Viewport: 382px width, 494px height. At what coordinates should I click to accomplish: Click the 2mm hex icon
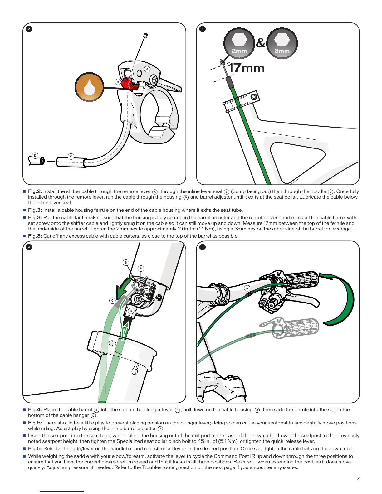(x=239, y=43)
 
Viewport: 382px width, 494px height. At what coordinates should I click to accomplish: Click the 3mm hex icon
(x=282, y=43)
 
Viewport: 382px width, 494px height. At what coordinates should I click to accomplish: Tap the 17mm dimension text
(x=247, y=68)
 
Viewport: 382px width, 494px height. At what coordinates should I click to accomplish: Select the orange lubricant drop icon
(x=89, y=87)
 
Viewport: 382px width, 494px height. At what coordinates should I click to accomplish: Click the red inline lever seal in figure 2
(x=129, y=84)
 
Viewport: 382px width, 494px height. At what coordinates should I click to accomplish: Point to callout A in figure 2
(x=147, y=69)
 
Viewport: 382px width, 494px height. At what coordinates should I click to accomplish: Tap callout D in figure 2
(x=35, y=156)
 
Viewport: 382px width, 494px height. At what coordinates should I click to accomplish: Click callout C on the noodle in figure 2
(x=71, y=156)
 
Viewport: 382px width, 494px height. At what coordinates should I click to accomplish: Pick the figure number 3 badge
(x=202, y=29)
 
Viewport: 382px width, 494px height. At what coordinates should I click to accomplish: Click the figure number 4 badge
(x=29, y=247)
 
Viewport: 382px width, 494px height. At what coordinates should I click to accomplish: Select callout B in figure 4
(x=126, y=262)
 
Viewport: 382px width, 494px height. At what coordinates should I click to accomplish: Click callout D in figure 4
(x=131, y=311)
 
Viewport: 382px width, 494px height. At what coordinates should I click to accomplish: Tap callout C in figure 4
(x=112, y=301)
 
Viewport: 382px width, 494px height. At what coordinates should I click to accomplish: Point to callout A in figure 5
(x=247, y=288)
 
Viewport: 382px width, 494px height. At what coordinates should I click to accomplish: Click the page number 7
(x=358, y=478)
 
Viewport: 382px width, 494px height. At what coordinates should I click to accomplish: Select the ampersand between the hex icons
(x=261, y=43)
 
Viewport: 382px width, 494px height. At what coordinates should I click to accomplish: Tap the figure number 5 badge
(x=202, y=247)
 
